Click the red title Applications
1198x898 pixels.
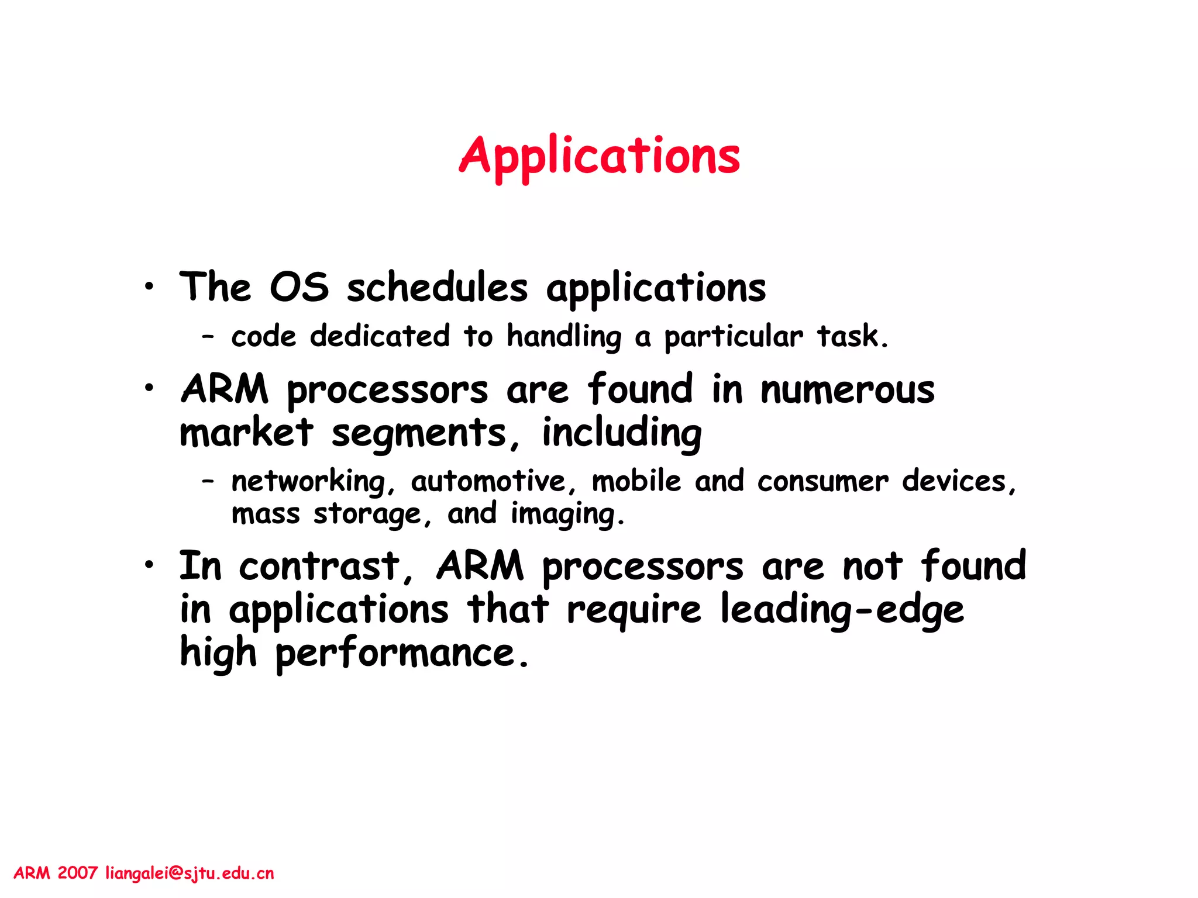[x=600, y=157]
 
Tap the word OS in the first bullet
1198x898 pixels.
[x=299, y=288]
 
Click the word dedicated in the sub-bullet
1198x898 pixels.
[x=380, y=336]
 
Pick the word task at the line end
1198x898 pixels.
[x=852, y=336]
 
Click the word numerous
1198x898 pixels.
[x=847, y=391]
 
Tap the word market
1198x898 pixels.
[x=246, y=433]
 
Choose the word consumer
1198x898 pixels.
[x=822, y=482]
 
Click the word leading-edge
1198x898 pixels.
[x=841, y=610]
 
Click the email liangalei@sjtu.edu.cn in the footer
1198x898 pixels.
[x=190, y=873]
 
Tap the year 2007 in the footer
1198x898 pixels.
[x=77, y=873]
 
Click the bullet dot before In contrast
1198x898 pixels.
[x=150, y=565]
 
